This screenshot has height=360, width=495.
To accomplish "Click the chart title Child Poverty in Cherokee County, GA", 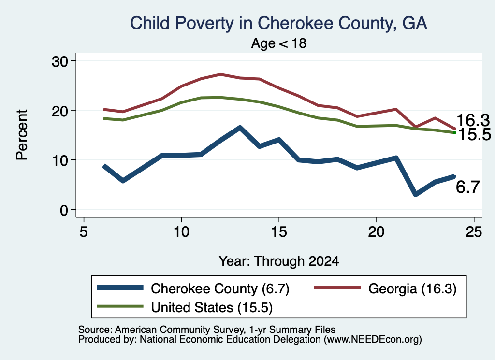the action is (x=278, y=23).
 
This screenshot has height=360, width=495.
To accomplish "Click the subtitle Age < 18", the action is (x=279, y=43).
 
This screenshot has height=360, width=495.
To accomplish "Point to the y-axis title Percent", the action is (x=22, y=135).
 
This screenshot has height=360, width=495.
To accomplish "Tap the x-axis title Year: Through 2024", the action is (x=279, y=261).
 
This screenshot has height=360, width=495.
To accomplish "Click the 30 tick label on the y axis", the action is (x=60, y=61).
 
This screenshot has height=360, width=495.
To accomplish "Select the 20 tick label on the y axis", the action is (x=60, y=111).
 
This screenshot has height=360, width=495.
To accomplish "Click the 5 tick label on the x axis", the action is (x=83, y=232).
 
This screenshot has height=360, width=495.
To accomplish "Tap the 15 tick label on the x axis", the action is (x=279, y=232).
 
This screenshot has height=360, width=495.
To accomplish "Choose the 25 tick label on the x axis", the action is (x=474, y=232).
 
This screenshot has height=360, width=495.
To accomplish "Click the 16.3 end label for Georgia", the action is (x=473, y=120).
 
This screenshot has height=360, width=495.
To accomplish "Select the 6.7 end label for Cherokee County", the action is (x=467, y=187).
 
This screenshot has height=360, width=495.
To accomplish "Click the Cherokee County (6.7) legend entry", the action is (x=193, y=288).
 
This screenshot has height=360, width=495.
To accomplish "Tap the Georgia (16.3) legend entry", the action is (x=385, y=288).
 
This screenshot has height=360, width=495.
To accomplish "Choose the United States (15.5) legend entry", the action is (x=185, y=307).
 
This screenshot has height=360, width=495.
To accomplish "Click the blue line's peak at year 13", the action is (x=240, y=128).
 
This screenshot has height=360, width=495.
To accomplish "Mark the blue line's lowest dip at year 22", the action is (x=415, y=194).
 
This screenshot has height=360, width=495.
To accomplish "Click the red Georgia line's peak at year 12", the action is (x=220, y=74).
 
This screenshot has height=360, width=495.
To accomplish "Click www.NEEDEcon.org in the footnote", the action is (x=373, y=340).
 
